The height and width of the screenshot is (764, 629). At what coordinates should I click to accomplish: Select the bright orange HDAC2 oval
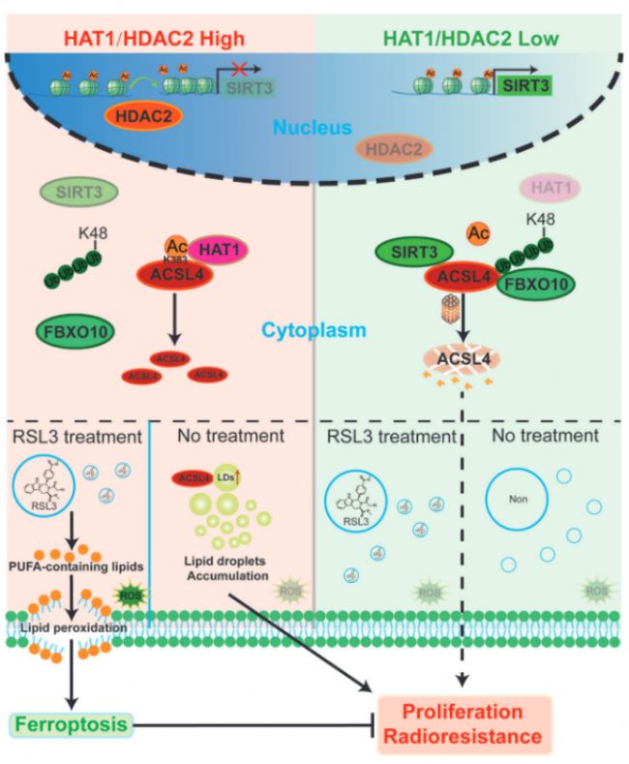[x=143, y=114]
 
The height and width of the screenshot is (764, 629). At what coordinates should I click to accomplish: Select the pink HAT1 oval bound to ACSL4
[x=225, y=251]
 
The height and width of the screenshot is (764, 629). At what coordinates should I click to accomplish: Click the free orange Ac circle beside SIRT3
[x=477, y=232]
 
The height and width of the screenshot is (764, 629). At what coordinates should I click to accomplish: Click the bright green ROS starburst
[x=130, y=593]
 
